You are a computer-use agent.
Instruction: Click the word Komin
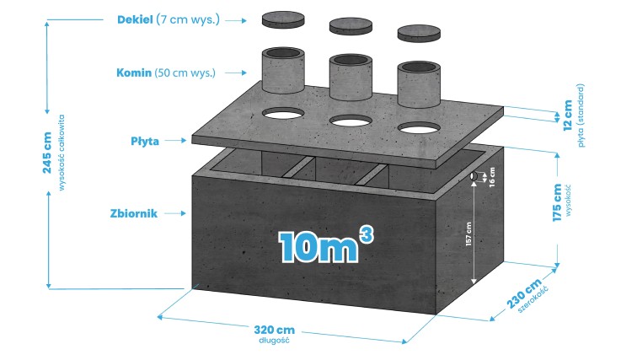pyautogui.click(x=134, y=73)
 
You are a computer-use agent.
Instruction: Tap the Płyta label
pyautogui.click(x=144, y=140)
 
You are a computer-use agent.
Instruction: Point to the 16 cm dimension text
pyautogui.click(x=491, y=178)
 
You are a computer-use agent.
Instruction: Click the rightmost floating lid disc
pyautogui.click(x=419, y=34)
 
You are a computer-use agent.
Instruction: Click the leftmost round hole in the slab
pyautogui.click(x=285, y=112)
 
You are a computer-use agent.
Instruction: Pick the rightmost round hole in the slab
pyautogui.click(x=420, y=129)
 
